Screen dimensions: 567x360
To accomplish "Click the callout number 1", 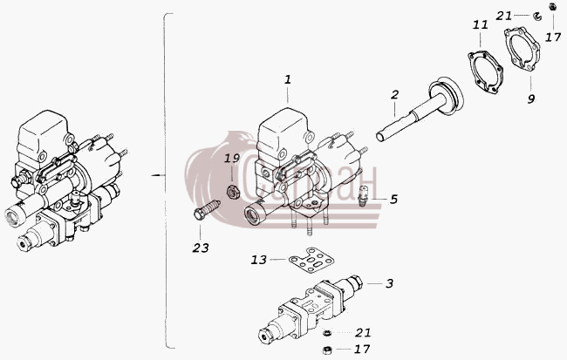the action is (288, 80).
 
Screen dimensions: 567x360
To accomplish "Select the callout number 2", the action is (395, 95).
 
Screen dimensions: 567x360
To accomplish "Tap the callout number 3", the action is (389, 283).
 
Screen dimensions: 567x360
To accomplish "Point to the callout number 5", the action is (393, 199).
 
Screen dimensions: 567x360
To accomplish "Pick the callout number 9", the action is (531, 98).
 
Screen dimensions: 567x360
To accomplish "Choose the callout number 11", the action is (481, 25).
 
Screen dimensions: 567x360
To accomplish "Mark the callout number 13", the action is (258, 260).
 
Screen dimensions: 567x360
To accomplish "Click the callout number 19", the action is (232, 159).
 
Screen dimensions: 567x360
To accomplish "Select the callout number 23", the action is (201, 248).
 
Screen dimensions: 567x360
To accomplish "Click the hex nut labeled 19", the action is (232, 191).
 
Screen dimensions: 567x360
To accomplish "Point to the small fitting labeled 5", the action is (363, 195).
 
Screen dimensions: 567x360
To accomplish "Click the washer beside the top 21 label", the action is (537, 17).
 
